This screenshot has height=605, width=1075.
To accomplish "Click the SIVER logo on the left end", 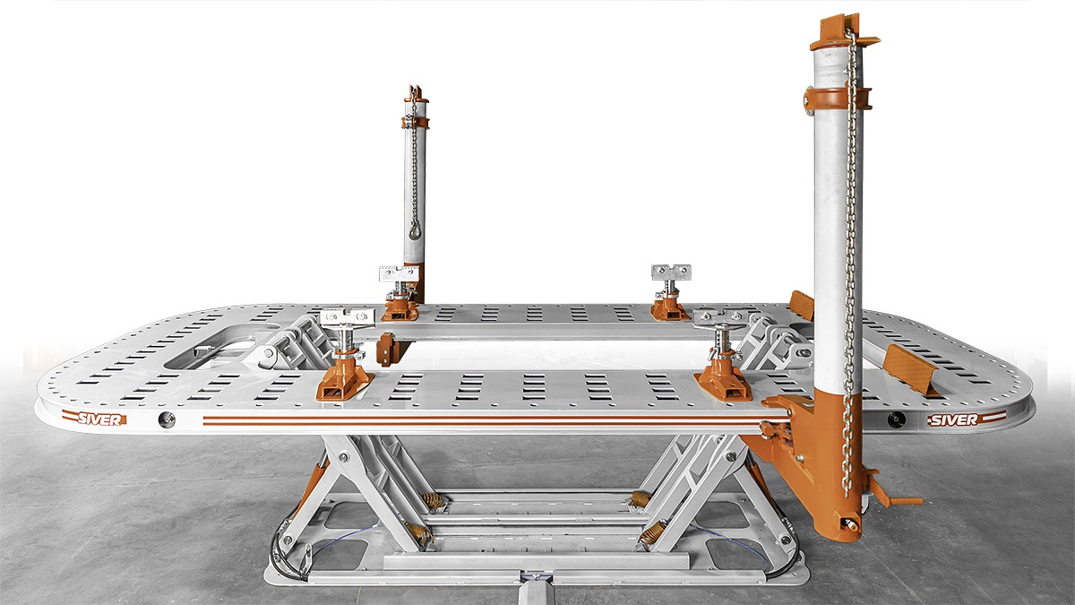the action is [x=95, y=419].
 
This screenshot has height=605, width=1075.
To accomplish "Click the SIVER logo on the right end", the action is [x=966, y=419].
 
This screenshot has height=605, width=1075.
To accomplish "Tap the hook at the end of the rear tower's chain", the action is [x=415, y=232].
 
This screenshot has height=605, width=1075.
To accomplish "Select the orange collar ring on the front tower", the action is [x=837, y=99].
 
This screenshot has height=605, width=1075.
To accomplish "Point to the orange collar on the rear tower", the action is [x=415, y=122].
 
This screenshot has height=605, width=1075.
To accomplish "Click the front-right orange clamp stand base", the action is [x=723, y=378].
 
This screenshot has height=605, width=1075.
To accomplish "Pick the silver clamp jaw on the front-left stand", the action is [x=348, y=318].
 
